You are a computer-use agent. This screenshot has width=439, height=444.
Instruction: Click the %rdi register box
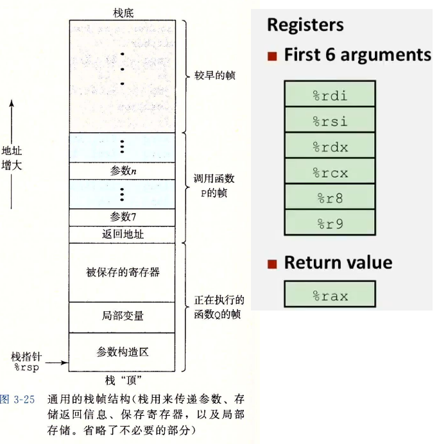(329, 95)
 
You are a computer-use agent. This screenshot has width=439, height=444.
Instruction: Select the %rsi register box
(329, 121)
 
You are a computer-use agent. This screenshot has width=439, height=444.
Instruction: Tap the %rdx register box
(329, 146)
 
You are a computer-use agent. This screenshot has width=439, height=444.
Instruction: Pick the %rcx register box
(329, 172)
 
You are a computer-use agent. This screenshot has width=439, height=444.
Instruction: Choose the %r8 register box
(329, 198)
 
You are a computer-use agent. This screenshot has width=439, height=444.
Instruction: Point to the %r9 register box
(329, 223)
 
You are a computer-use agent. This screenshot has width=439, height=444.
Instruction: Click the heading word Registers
(305, 25)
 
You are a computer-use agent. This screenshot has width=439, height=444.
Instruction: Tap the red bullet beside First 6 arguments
(272, 56)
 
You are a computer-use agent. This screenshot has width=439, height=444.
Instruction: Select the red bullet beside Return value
(272, 264)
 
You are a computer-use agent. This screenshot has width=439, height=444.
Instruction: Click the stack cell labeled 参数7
(123, 217)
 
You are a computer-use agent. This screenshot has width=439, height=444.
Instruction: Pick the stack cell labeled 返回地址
(123, 234)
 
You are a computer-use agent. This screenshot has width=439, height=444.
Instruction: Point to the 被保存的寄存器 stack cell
(123, 272)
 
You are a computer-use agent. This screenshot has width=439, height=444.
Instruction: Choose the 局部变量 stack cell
(123, 316)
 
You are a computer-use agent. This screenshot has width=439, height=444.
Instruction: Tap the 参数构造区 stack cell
(123, 352)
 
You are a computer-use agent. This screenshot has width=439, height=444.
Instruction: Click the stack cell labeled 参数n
(123, 171)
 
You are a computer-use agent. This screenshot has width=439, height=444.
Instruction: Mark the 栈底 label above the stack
(121, 13)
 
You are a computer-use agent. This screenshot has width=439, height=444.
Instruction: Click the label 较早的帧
(214, 75)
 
